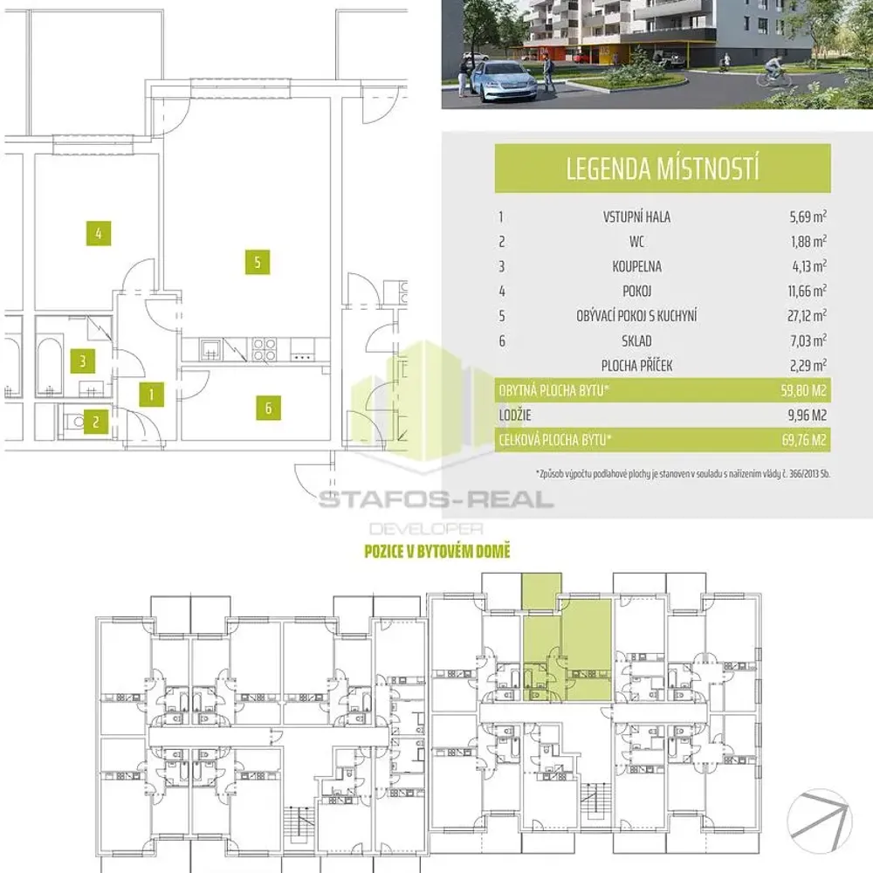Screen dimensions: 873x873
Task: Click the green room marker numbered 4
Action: pyautogui.click(x=99, y=233)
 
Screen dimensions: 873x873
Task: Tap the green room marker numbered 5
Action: pyautogui.click(x=258, y=262)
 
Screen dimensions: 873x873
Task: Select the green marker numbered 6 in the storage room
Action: pyautogui.click(x=268, y=408)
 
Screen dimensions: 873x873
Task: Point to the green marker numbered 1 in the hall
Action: pyautogui.click(x=151, y=395)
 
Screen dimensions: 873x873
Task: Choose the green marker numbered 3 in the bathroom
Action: pyautogui.click(x=82, y=361)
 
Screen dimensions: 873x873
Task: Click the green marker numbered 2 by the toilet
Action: pyautogui.click(x=96, y=422)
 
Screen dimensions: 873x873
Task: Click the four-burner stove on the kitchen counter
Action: pyautogui.click(x=264, y=350)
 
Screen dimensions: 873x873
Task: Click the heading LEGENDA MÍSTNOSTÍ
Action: pyautogui.click(x=663, y=168)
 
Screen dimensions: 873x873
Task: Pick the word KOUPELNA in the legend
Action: pyautogui.click(x=637, y=266)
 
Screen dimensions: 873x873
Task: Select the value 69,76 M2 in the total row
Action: pyautogui.click(x=804, y=440)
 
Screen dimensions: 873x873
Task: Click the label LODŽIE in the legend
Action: pyautogui.click(x=515, y=415)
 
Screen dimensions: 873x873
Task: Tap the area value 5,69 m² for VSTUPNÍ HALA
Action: pyautogui.click(x=808, y=216)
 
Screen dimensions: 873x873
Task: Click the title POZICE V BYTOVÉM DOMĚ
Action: pyautogui.click(x=437, y=551)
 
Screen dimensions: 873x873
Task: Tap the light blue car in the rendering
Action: pyautogui.click(x=505, y=82)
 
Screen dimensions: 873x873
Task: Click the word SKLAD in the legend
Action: pyautogui.click(x=636, y=340)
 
